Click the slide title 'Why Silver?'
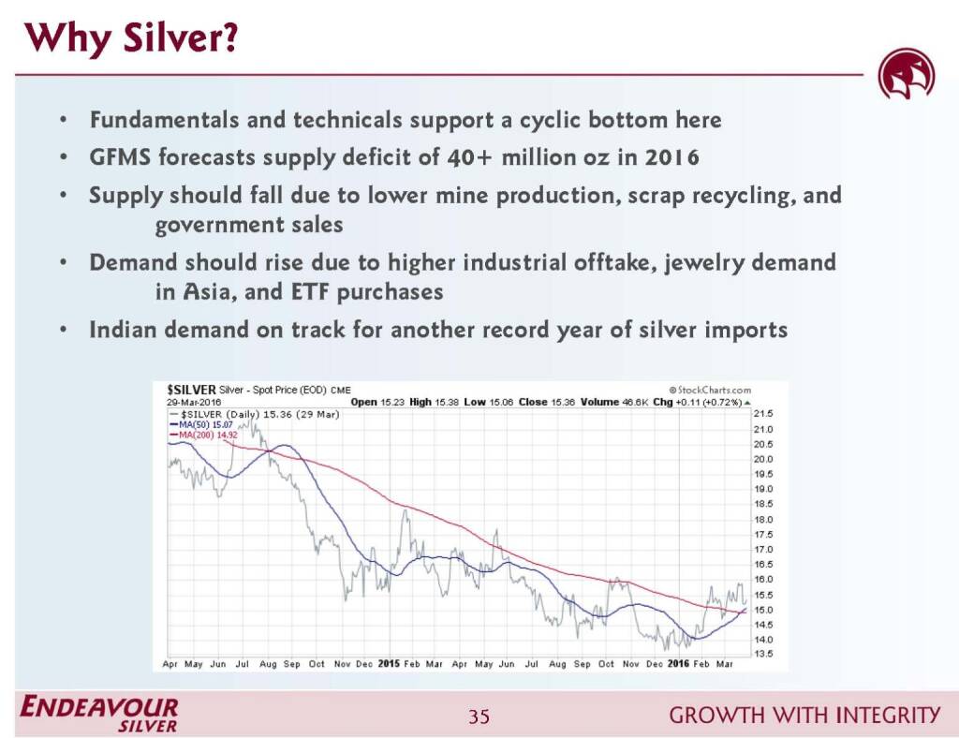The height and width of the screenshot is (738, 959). [131, 39]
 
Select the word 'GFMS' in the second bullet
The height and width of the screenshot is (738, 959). [119, 156]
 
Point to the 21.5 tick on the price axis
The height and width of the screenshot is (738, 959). [764, 413]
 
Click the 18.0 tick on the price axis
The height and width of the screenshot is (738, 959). [764, 519]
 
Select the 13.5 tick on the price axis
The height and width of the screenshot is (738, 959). [764, 654]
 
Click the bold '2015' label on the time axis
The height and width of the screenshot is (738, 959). [388, 663]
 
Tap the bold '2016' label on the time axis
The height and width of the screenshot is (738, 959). [678, 663]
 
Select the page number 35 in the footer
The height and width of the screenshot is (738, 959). [479, 717]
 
